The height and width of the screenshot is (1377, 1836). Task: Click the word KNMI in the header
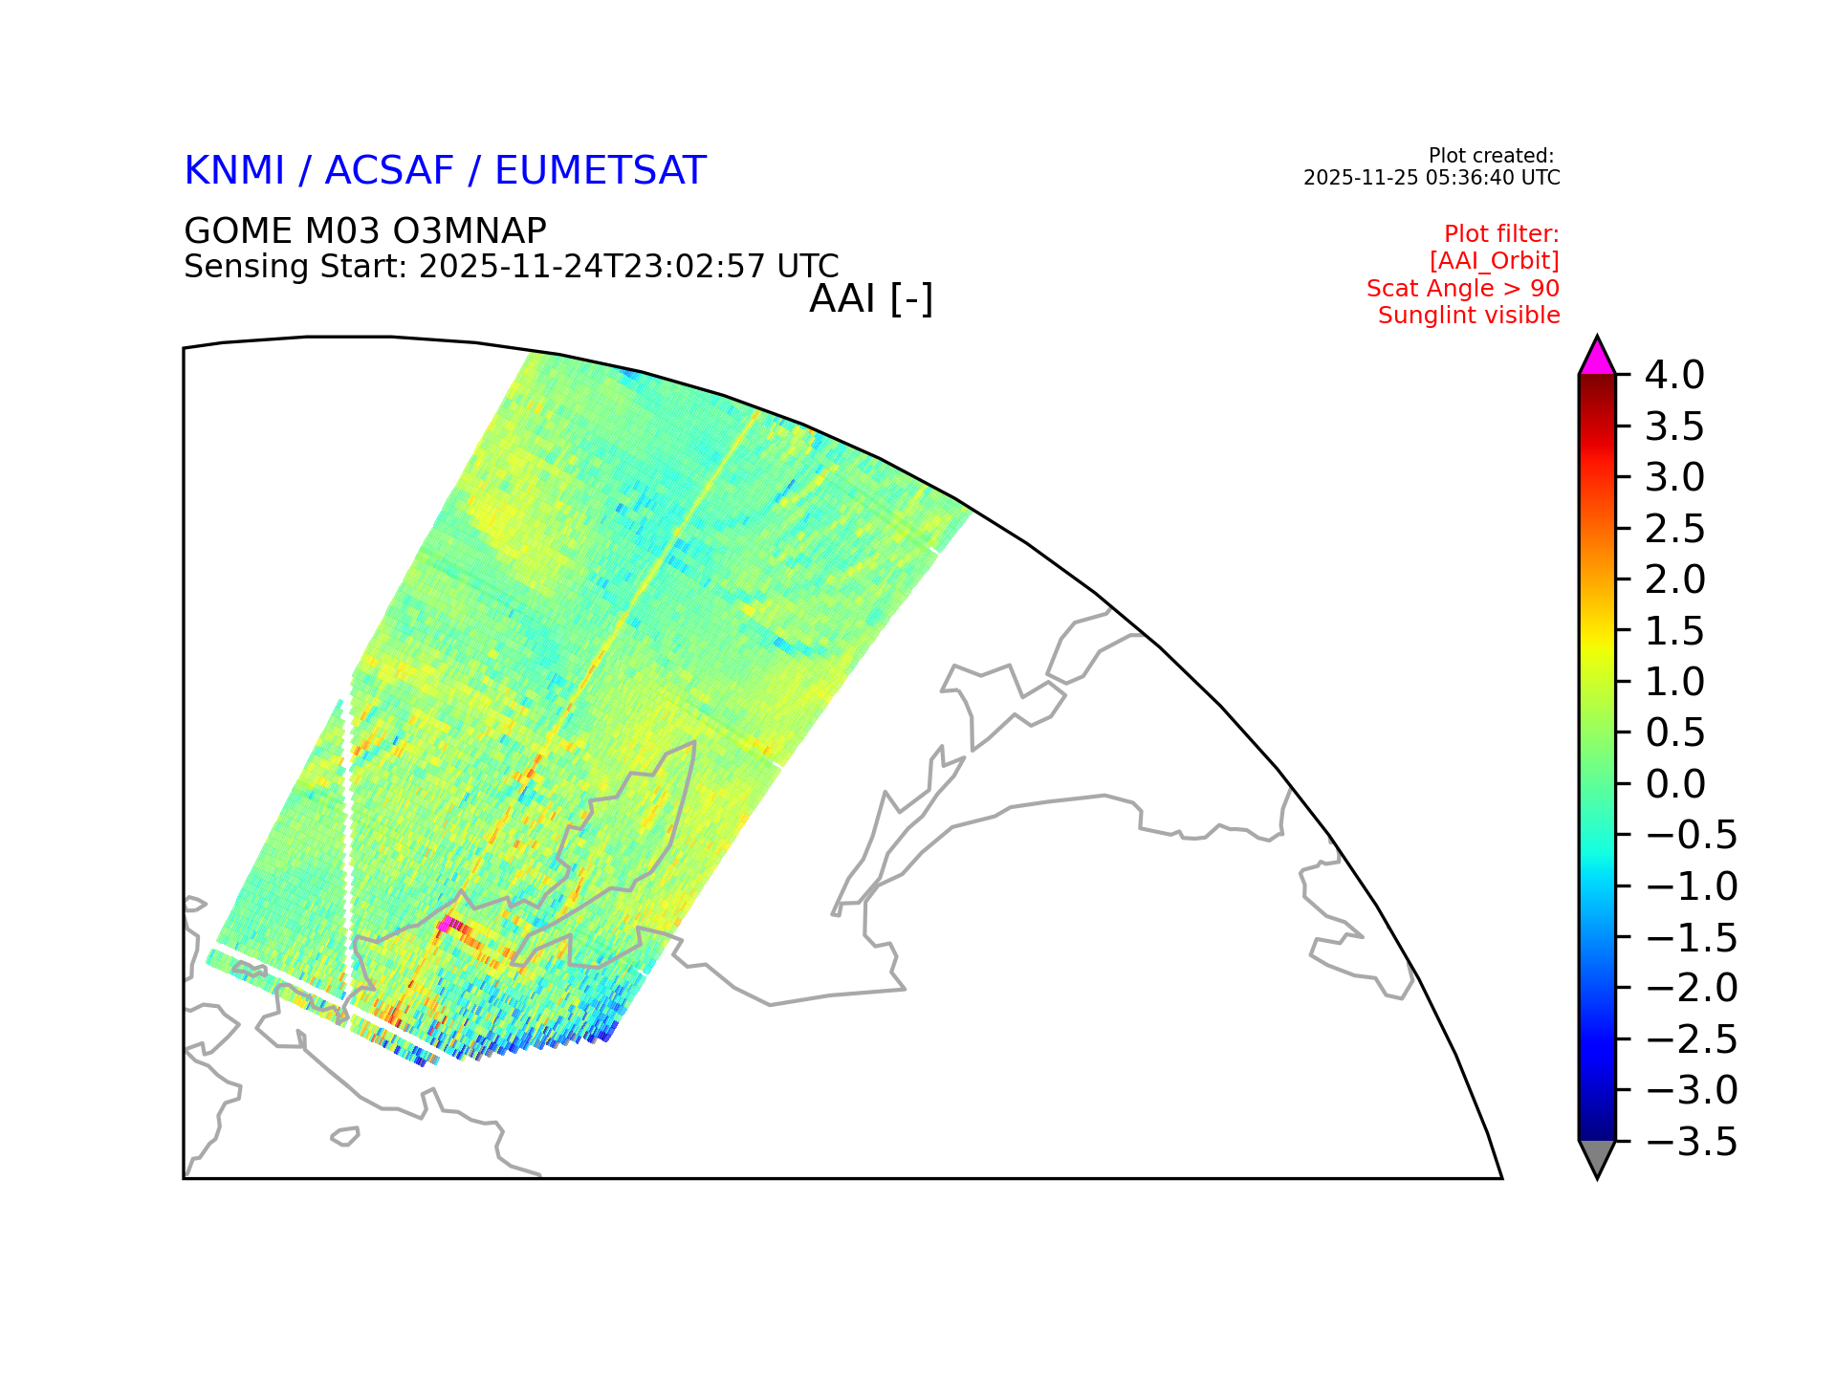point(234,171)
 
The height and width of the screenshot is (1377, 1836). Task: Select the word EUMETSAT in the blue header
point(601,171)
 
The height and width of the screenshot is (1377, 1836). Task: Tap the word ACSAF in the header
point(389,171)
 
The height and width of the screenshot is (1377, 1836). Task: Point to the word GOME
point(238,231)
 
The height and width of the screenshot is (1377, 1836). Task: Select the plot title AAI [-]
point(871,299)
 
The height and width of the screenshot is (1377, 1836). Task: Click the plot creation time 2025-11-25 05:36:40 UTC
point(1432,178)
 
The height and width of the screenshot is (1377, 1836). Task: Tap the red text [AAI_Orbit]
point(1495,261)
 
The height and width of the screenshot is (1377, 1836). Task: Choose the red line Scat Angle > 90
point(1463,289)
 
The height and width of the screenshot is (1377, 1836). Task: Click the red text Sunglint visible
point(1469,316)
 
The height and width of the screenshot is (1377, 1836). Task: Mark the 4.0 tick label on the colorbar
point(1674,376)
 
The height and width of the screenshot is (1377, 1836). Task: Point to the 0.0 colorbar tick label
point(1675,784)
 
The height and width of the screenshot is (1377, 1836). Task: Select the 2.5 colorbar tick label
point(1674,529)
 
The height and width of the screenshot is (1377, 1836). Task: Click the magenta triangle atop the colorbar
point(1597,359)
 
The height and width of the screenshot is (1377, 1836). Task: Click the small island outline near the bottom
point(345,1136)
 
